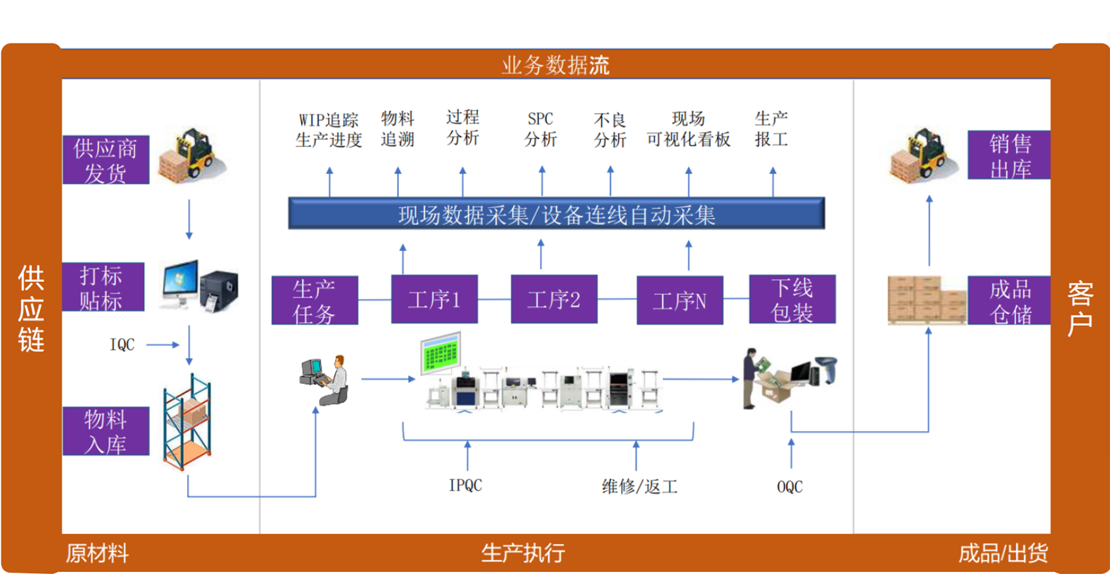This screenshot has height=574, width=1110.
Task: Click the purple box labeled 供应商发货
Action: [x=106, y=160]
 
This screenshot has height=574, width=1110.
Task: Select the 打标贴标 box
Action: [x=103, y=287]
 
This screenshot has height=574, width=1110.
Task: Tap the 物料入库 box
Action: [x=106, y=431]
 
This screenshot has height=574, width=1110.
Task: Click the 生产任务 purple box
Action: [x=314, y=300]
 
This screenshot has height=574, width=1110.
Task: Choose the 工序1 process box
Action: [x=434, y=299]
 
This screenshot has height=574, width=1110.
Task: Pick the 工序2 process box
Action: [x=553, y=299]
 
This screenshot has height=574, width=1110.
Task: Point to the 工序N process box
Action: [x=680, y=300]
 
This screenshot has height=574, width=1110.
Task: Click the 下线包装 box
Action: [x=792, y=299]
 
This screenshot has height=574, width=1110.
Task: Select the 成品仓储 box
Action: [x=1009, y=301]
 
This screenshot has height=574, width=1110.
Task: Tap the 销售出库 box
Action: [x=1009, y=155]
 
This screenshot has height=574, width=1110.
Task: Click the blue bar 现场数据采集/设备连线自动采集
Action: [x=556, y=214]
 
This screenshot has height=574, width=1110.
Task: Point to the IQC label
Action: [x=122, y=345]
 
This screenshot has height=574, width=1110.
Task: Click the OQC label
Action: [x=789, y=487]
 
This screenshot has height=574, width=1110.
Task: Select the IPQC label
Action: [x=465, y=485]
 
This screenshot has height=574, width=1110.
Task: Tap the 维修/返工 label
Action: [x=639, y=487]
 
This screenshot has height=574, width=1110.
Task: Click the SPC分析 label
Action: [x=540, y=129]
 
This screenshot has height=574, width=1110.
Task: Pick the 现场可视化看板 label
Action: [x=688, y=129]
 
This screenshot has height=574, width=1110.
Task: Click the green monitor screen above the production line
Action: [x=440, y=353]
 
